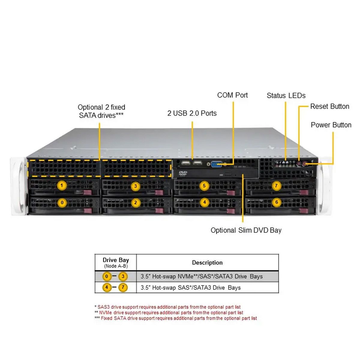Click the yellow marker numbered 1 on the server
[62, 185]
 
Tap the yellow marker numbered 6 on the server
[277, 202]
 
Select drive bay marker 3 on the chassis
[135, 186]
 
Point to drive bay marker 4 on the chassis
[204, 202]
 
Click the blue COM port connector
[216, 164]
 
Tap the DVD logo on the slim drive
[183, 173]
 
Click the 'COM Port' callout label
[232, 95]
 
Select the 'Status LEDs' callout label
[286, 96]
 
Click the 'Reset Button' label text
[330, 106]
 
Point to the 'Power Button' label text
[331, 125]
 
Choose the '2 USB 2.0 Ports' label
[192, 113]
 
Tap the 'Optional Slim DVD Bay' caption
[246, 230]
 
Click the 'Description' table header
[207, 263]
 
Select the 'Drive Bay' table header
[116, 260]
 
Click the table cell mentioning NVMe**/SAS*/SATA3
[202, 277]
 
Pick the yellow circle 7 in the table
[123, 287]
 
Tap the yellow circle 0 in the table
[106, 276]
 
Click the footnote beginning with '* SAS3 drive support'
[167, 307]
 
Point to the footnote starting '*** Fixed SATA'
[176, 318]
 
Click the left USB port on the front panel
[186, 163]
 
